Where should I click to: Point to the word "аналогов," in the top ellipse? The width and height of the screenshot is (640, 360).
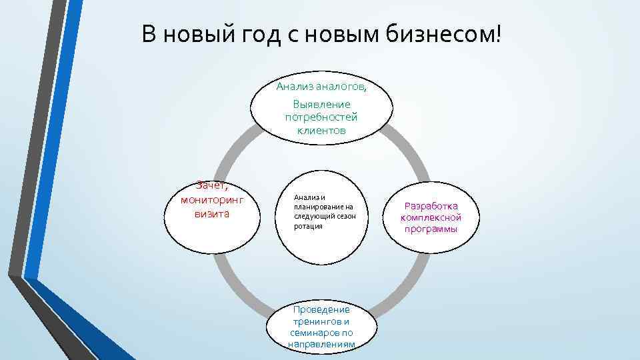[x=341, y=87]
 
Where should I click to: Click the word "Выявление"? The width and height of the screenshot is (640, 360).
[x=321, y=105]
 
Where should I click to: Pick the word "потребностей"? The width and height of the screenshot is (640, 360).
[x=321, y=117]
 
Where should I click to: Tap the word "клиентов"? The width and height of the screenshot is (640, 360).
[x=321, y=130]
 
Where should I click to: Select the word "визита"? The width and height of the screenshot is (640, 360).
[x=212, y=213]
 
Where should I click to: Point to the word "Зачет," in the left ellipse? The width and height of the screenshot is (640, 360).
[x=212, y=187]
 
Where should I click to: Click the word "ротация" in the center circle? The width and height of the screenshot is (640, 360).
[x=308, y=226]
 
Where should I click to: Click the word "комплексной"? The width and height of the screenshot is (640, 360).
[x=431, y=217]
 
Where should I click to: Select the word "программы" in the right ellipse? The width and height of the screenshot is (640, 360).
[x=431, y=229]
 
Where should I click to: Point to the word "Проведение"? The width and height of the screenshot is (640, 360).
[x=321, y=310]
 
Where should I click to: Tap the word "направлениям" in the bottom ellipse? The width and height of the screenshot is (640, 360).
[x=321, y=344]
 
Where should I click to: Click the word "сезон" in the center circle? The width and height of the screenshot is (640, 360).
[x=347, y=216]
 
